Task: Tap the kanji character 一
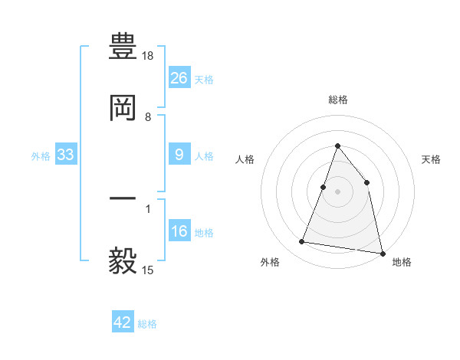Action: click(x=123, y=198)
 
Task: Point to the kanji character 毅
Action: click(x=123, y=260)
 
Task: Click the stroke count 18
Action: click(x=149, y=56)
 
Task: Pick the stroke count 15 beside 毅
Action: click(x=149, y=270)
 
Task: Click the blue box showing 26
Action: click(x=179, y=78)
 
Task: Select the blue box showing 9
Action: click(x=179, y=155)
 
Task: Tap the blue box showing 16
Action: click(x=179, y=232)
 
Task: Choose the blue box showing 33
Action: click(x=66, y=155)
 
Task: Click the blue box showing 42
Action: click(x=123, y=322)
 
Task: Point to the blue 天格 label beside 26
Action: click(x=204, y=79)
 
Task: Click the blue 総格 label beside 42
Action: click(x=147, y=324)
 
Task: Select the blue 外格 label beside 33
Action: click(x=41, y=155)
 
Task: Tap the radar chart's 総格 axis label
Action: click(x=338, y=100)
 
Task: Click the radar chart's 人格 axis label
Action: click(x=245, y=159)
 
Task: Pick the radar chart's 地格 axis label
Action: click(x=402, y=262)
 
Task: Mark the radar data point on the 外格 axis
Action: click(x=302, y=242)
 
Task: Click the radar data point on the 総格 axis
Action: click(x=337, y=146)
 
